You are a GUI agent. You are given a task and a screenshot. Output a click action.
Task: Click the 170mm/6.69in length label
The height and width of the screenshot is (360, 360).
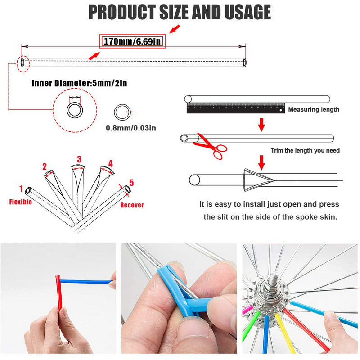point(132,41)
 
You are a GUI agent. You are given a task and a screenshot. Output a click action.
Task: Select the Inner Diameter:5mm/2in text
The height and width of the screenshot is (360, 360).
point(79,83)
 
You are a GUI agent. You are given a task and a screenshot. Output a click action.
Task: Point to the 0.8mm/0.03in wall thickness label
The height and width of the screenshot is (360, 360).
point(131,128)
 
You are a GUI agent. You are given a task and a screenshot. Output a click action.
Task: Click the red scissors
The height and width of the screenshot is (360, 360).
point(210,146)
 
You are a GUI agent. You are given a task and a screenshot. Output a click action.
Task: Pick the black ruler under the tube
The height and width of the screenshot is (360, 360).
point(236,108)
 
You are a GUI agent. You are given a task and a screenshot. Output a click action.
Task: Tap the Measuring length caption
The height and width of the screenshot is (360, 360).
point(314,109)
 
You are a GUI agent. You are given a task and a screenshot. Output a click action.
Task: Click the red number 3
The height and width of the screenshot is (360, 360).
point(79,159)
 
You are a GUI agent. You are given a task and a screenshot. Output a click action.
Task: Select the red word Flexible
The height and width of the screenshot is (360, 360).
point(20,202)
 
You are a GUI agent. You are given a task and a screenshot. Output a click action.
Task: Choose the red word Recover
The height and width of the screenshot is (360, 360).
point(132,205)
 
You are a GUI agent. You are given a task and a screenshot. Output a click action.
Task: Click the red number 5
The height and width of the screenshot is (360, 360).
point(131,183)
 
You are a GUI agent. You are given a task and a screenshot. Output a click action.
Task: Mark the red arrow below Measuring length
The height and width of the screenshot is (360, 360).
point(261,125)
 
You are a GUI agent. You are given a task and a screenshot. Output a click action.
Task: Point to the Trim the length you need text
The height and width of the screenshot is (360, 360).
point(305,150)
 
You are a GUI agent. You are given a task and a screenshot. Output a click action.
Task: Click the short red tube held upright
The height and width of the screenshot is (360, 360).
point(59,293)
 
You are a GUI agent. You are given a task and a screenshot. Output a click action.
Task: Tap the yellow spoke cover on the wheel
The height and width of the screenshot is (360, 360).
point(285,333)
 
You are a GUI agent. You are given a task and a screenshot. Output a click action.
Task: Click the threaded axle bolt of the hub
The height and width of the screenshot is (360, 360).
point(273,279)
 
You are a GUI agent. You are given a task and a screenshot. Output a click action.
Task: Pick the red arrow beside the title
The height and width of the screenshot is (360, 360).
point(175,29)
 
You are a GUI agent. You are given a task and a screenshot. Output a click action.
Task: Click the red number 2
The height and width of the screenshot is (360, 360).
point(45,166)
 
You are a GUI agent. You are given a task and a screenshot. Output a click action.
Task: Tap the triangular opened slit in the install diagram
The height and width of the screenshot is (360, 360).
point(257,180)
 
